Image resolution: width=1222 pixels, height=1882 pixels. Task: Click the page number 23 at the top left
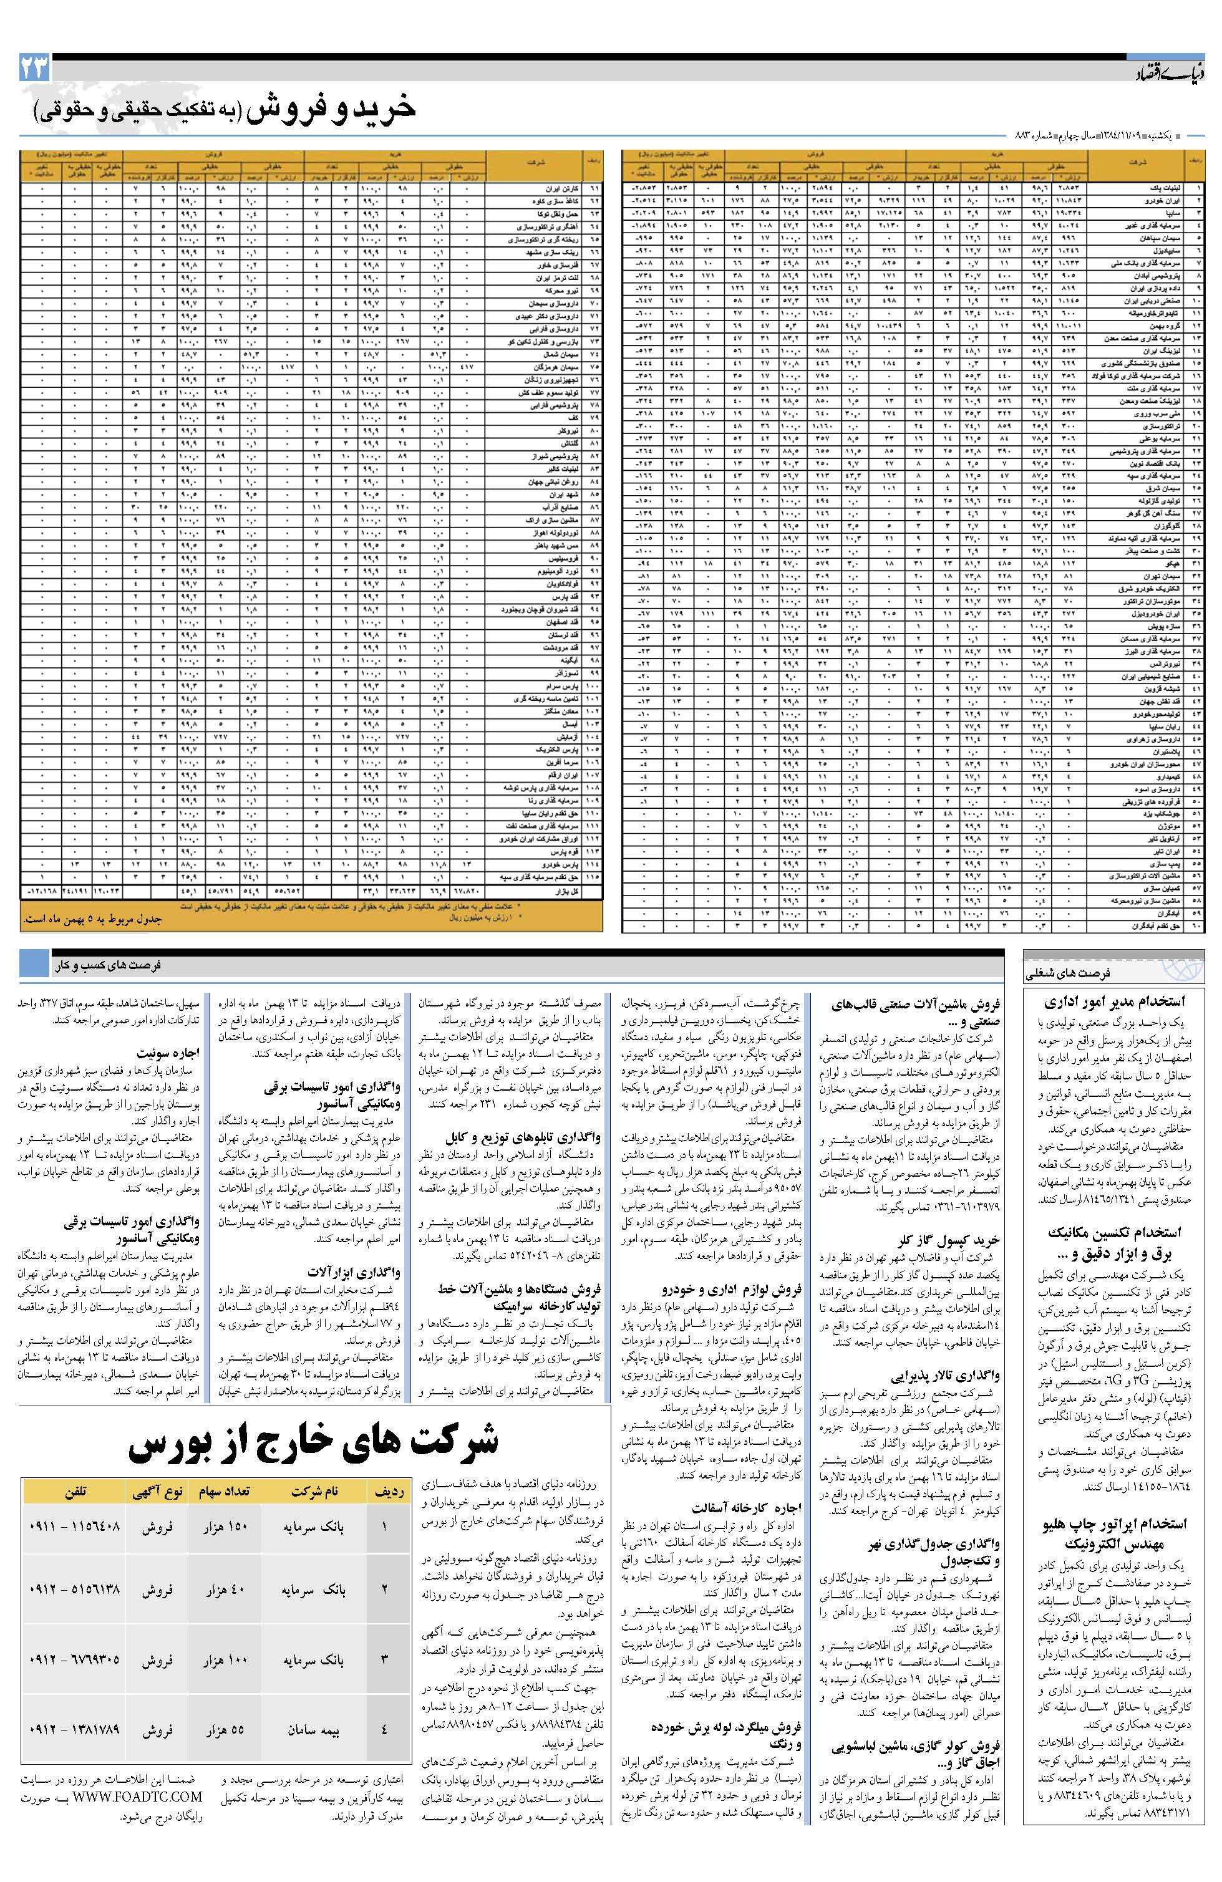(34, 69)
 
